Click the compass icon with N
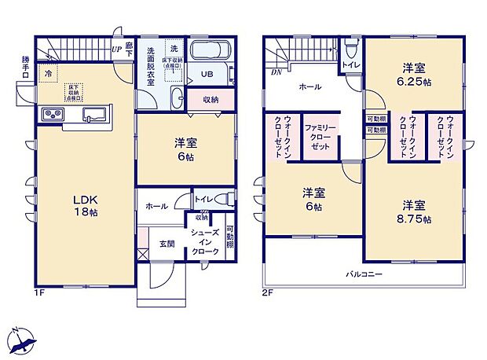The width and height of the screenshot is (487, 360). coord(24,340)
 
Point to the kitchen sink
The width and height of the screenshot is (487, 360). coord(97,115)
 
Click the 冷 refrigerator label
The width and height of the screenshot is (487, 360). coord(49,73)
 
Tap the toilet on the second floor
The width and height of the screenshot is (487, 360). coord(350,50)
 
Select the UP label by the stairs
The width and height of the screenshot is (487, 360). coord(116,49)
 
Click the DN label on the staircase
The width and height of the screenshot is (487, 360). coord(276,72)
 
